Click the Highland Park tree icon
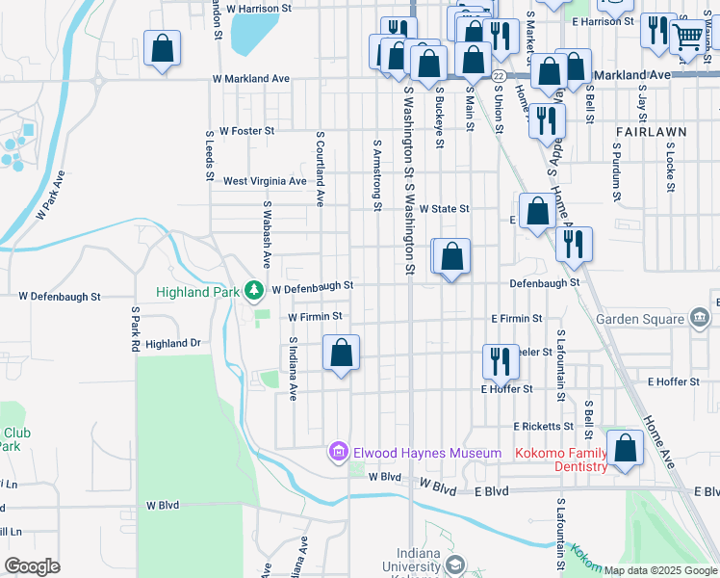253,289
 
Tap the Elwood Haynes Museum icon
338,452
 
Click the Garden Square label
640,319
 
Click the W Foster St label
247,130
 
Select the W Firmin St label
315,316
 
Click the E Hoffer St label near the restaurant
507,389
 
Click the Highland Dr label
173,343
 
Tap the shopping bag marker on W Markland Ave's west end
163,47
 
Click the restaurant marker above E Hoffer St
501,361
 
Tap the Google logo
32,566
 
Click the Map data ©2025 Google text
659,570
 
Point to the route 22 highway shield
498,75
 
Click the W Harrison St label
260,8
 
